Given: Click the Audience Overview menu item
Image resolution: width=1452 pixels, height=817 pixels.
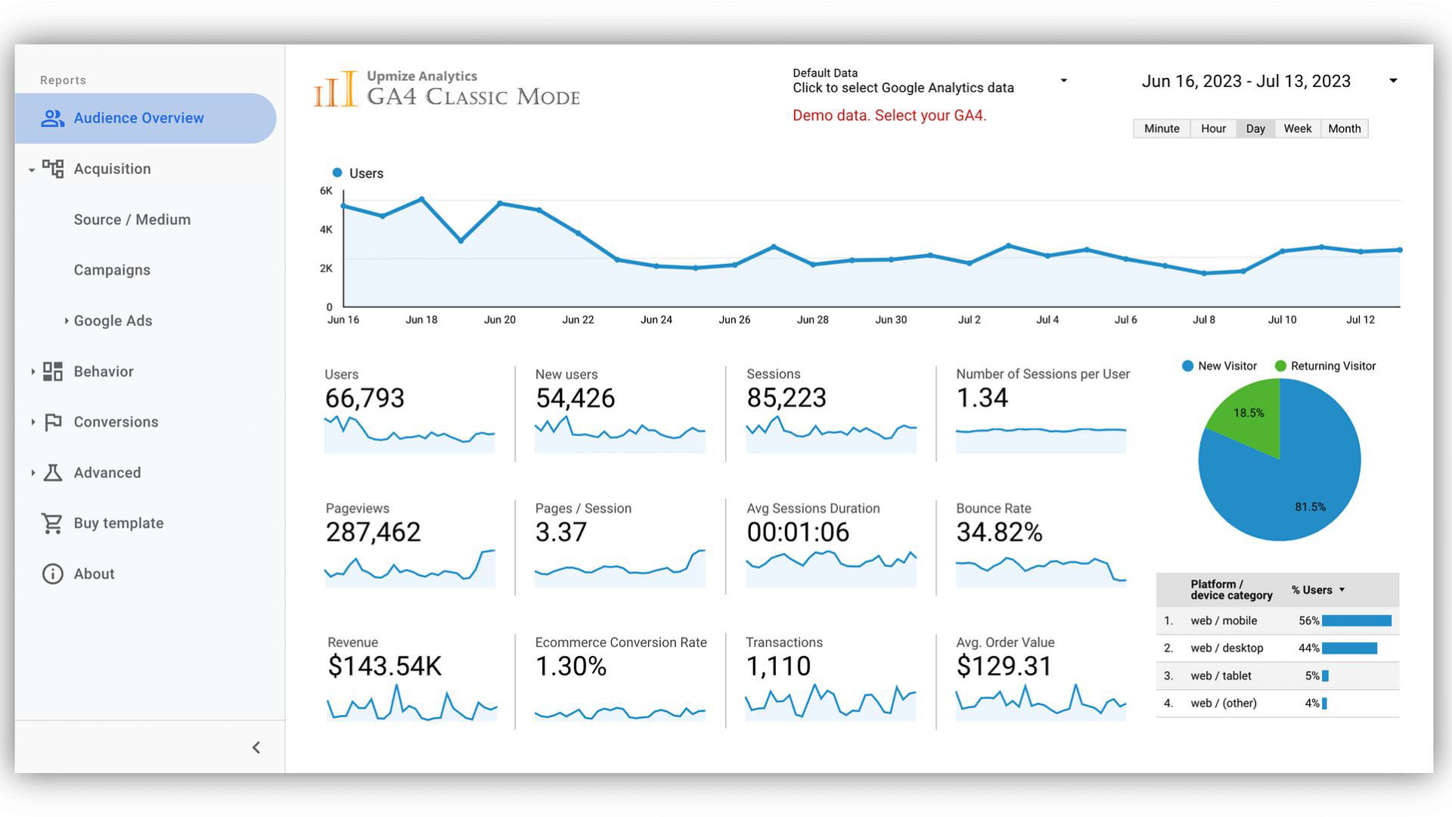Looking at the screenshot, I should pos(138,118).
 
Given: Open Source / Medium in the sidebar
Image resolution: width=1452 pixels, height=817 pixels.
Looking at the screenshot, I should pos(132,219).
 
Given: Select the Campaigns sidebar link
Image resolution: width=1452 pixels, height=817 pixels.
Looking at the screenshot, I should pos(112,270).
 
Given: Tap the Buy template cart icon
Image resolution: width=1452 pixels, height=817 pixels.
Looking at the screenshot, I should pos(52,523).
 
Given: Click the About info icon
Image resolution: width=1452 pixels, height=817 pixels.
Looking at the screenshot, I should pos(52,573).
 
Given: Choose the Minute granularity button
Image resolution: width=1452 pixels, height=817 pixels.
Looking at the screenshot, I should pos(1161,129).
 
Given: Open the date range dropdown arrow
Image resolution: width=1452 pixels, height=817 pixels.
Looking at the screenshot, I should pos(1392,81).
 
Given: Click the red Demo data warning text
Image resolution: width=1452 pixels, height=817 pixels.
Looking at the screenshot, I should pos(889,116).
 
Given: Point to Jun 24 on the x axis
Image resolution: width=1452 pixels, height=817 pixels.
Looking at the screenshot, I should pos(656,320).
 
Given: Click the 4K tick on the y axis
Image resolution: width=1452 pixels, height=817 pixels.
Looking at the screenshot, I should pos(326,229).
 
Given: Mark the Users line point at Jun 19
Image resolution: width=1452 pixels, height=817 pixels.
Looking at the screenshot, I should pos(461,241).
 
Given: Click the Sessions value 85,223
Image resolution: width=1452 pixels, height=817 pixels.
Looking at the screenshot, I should pos(786,398).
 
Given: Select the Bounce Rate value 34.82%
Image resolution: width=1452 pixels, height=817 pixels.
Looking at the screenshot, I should pos(999,533).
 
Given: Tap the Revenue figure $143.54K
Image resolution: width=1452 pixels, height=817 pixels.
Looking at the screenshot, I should pos(384,666).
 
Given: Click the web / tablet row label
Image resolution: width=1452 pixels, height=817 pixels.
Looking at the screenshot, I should pos(1221,676).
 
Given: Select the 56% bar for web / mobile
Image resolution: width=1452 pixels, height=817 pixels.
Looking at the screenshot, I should pos(1356,621).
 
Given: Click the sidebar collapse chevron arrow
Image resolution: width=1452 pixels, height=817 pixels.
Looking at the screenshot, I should pos(256,747).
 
